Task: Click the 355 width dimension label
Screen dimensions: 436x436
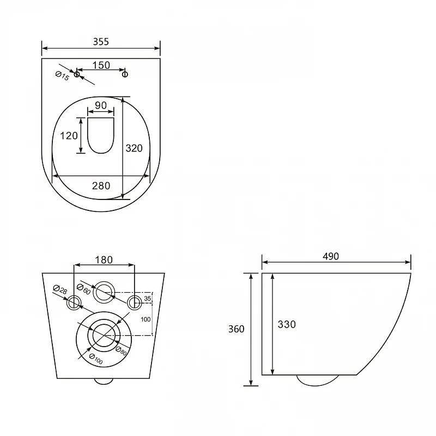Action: (x=101, y=42)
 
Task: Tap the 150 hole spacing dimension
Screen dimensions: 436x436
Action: (x=101, y=65)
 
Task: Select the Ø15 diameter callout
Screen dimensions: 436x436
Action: (x=62, y=76)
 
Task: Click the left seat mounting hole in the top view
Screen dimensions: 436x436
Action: (x=77, y=74)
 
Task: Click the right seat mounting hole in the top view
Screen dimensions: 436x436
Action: (x=125, y=74)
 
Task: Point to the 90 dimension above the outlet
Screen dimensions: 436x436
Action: (x=101, y=105)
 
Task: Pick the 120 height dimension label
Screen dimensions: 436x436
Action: (x=69, y=136)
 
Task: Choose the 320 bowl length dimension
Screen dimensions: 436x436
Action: (x=134, y=148)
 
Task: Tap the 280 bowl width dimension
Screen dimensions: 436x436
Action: (x=101, y=186)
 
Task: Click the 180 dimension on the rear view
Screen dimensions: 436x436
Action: (x=104, y=260)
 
